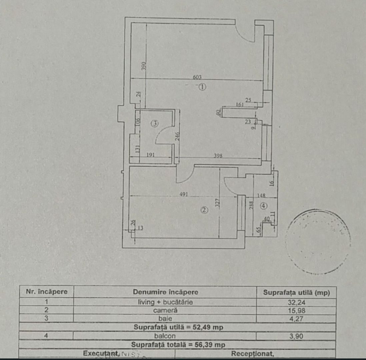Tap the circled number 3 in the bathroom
154,124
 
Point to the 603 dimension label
197,77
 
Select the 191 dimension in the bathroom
152,155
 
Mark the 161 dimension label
240,104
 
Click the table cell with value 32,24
296,302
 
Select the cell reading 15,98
296,310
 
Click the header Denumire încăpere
165,292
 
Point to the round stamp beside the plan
317,241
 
